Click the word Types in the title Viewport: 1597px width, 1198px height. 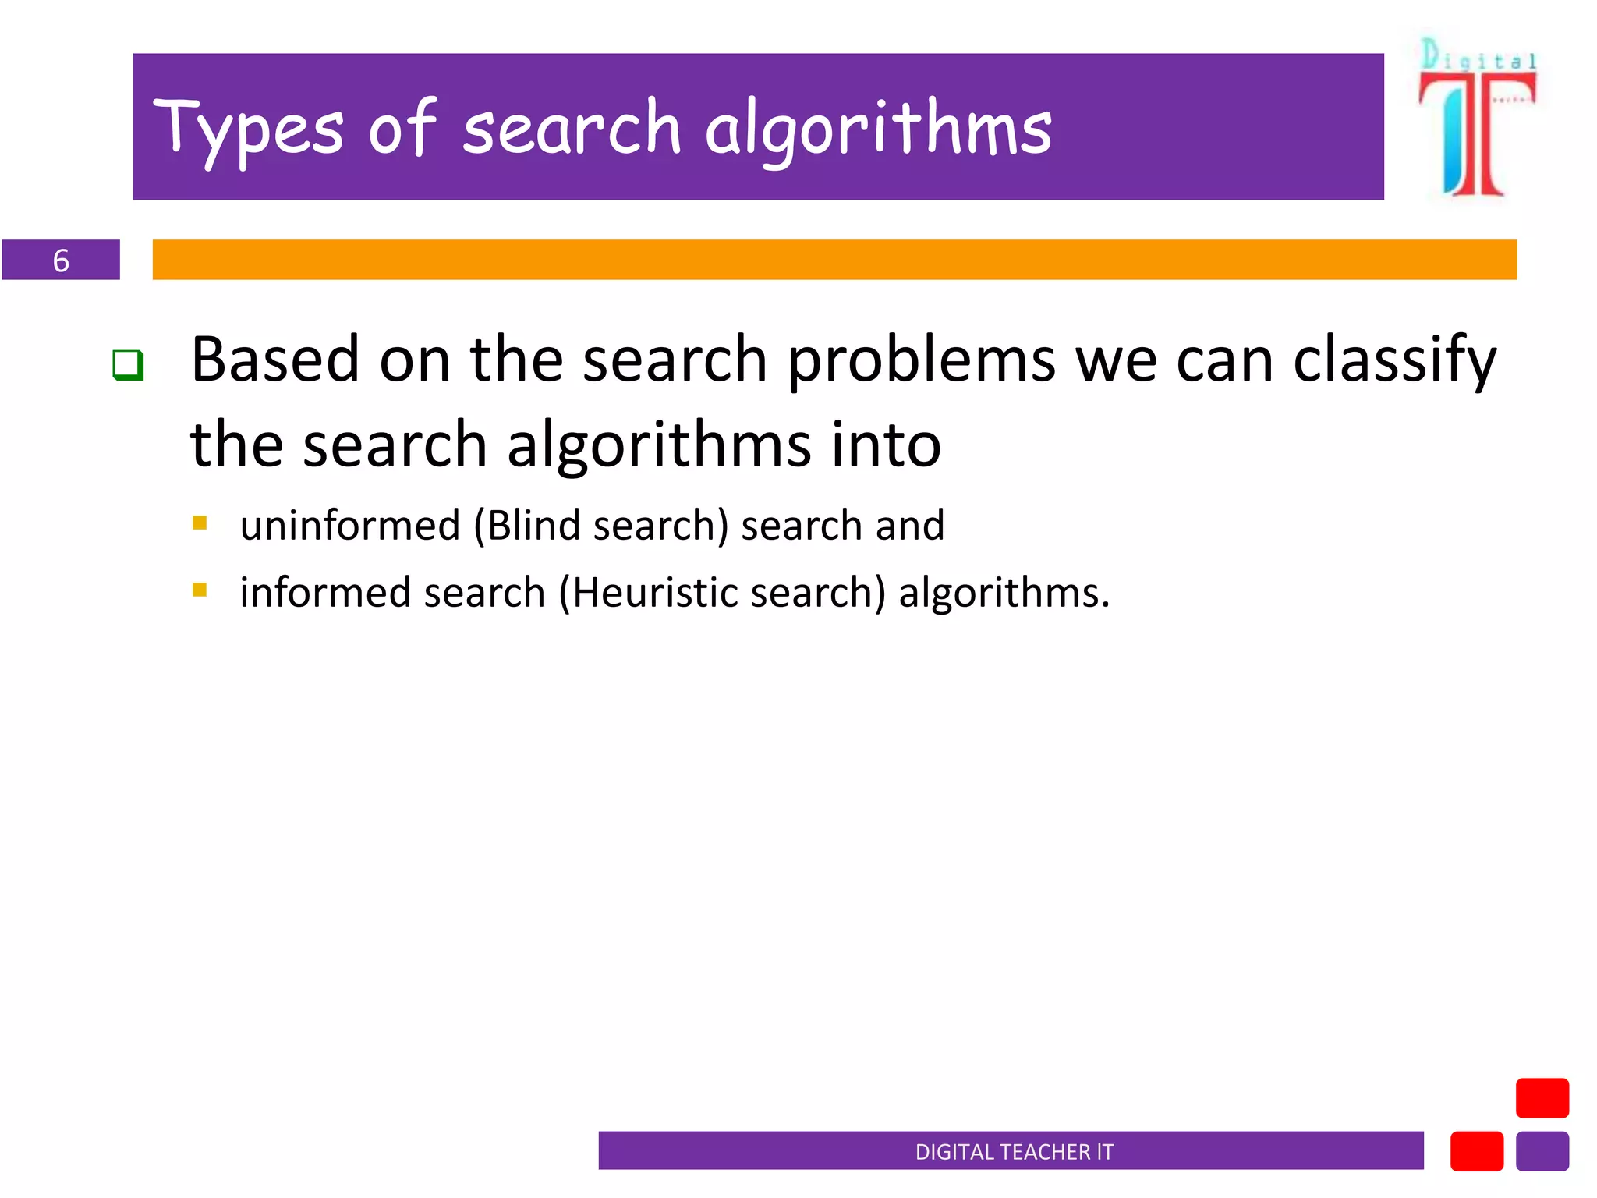point(248,129)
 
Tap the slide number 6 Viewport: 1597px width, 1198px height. point(61,261)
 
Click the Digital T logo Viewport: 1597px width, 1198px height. point(1476,117)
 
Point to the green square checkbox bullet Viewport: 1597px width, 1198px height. point(128,365)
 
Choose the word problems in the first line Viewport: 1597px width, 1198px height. point(921,361)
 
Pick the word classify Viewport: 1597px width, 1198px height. point(1394,361)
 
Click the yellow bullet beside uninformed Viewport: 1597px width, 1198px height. point(200,523)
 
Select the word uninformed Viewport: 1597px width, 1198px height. point(350,525)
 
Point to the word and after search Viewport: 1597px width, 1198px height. point(909,525)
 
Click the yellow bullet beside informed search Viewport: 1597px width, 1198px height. point(200,590)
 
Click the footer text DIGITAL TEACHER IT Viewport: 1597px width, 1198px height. point(1014,1152)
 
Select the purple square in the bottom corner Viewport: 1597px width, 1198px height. point(1542,1151)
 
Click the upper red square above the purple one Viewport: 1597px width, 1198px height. point(1542,1098)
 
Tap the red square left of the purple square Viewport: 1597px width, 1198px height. point(1476,1151)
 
